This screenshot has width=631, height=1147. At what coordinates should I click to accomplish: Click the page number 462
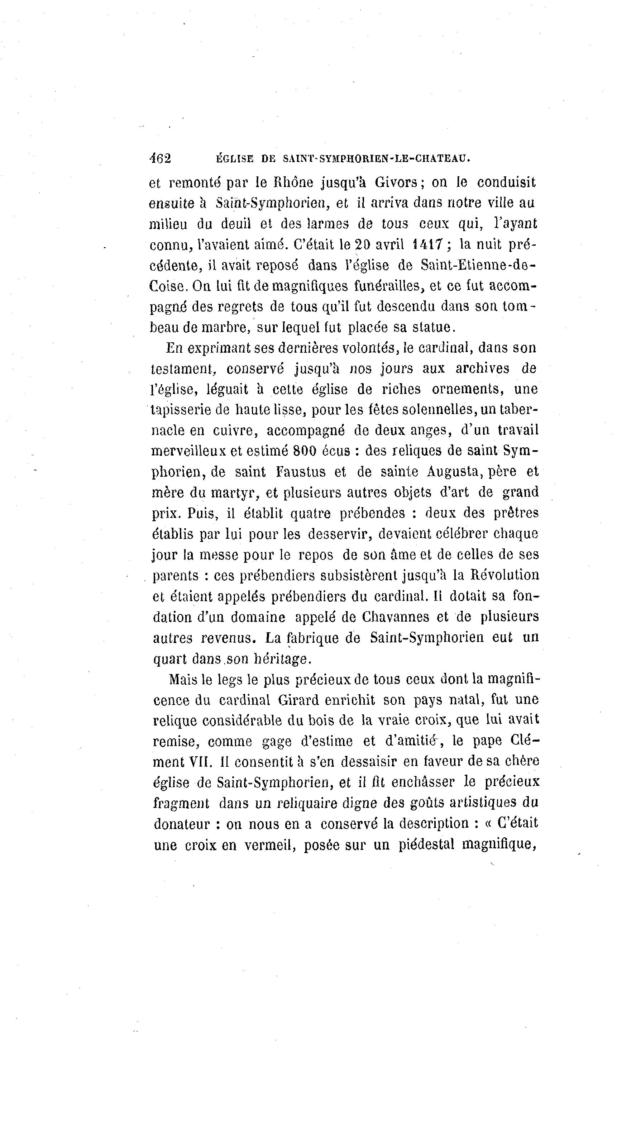[160, 158]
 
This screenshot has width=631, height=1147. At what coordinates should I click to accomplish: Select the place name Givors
[396, 182]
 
